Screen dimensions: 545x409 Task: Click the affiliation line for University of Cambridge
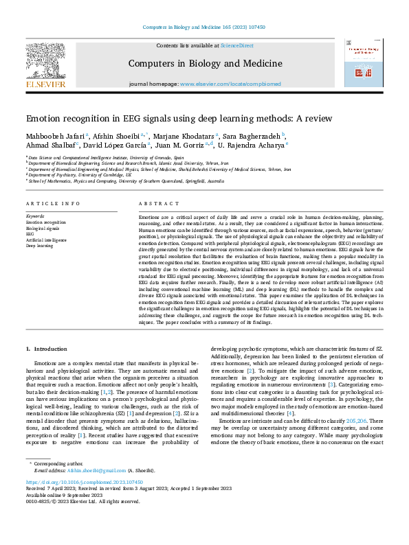(80, 175)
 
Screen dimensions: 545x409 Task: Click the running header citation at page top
(204, 27)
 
